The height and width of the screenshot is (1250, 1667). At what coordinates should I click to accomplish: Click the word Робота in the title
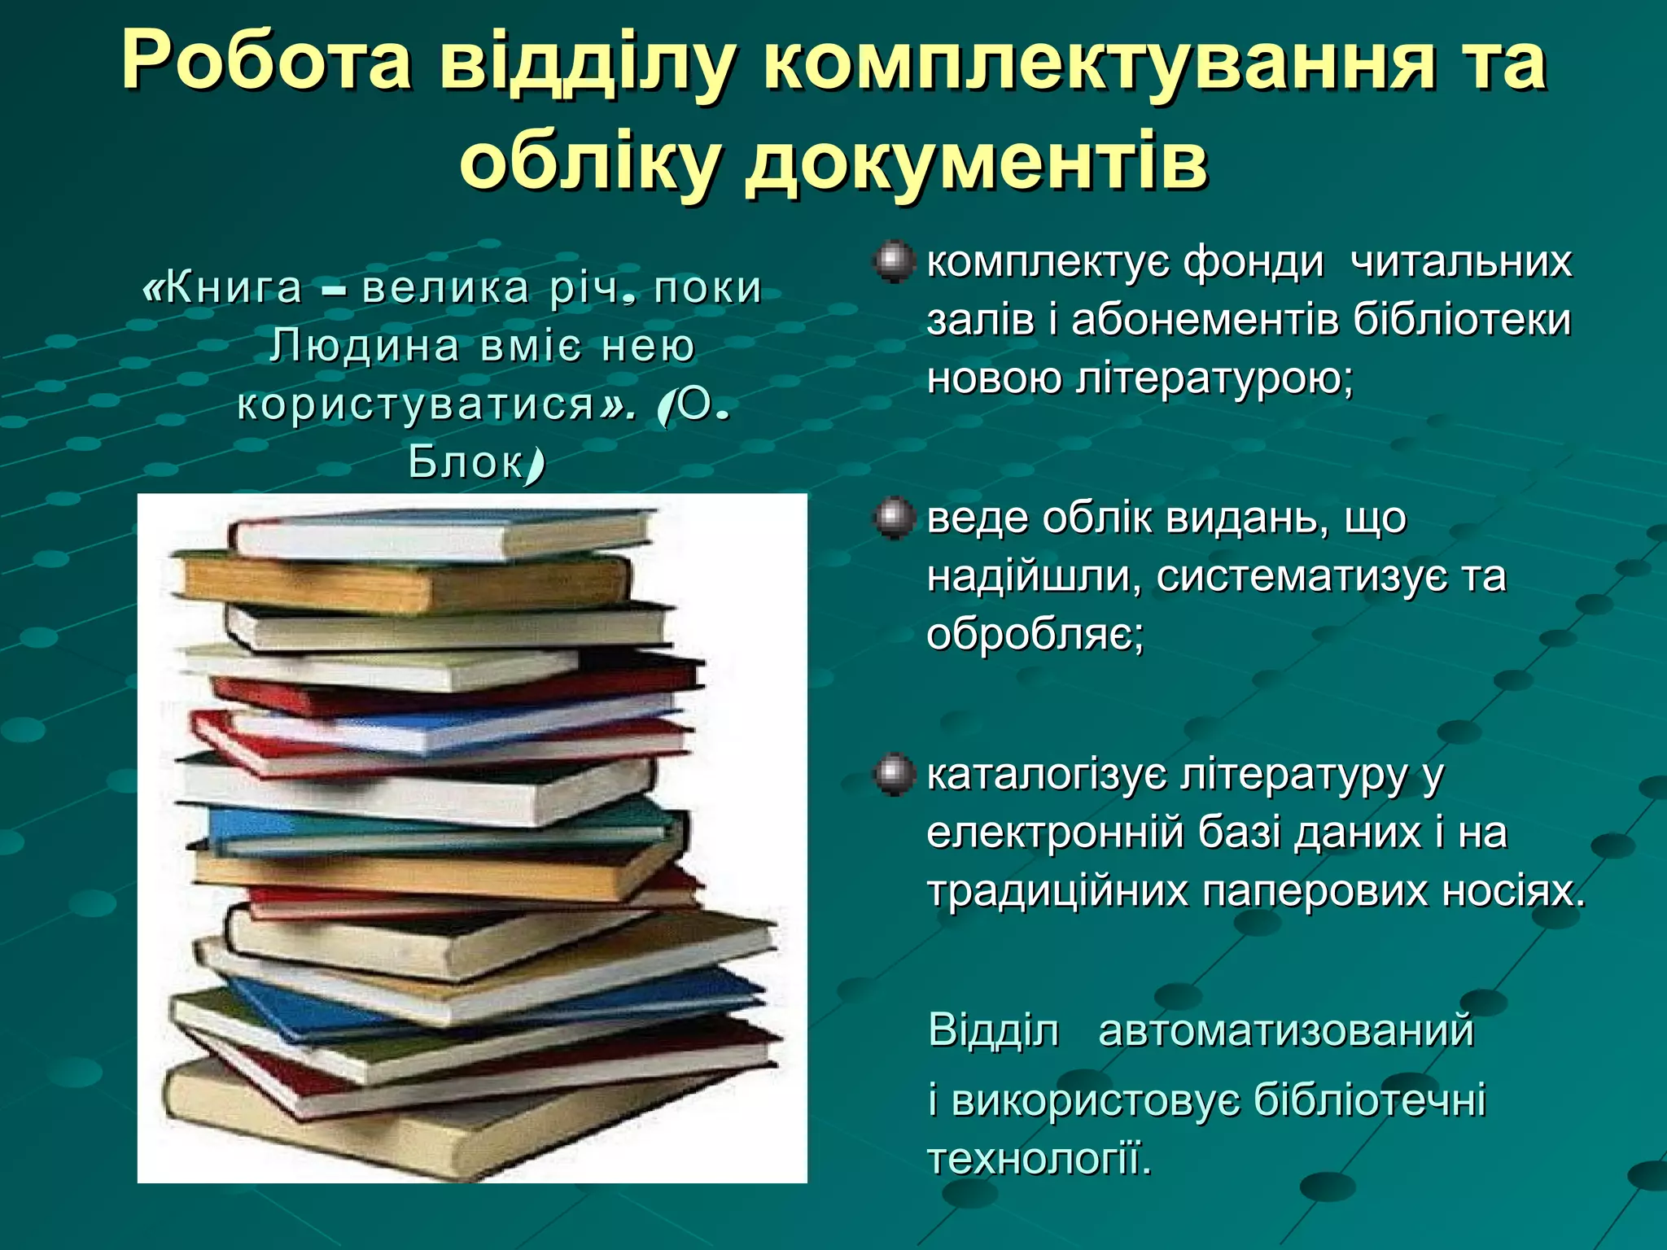point(265,63)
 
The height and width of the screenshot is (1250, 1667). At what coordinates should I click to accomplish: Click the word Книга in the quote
point(233,288)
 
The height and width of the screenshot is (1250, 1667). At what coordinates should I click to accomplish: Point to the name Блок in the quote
point(466,462)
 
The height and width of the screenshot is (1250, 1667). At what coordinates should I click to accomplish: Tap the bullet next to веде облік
point(893,518)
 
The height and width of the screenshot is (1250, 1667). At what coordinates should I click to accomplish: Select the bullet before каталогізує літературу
point(893,774)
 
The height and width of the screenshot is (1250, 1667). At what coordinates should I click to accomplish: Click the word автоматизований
point(1286,1030)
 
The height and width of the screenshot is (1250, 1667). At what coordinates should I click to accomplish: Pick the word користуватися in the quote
point(416,404)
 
